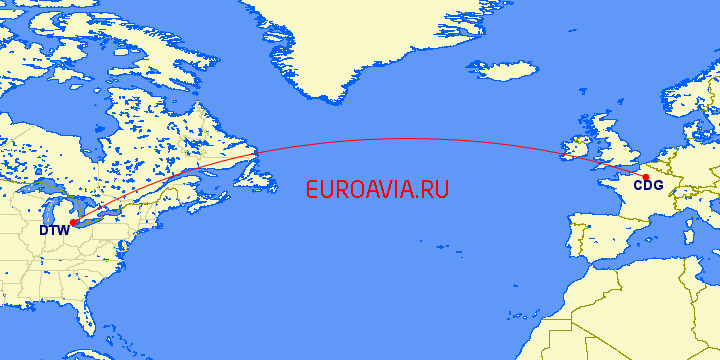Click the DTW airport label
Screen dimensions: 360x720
54,231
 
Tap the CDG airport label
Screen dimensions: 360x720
648,185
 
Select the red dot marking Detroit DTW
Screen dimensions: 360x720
73,222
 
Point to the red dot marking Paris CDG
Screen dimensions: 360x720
646,177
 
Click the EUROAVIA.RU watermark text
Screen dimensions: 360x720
377,189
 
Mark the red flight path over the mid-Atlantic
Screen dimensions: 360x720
400,138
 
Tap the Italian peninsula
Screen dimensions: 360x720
701,231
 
